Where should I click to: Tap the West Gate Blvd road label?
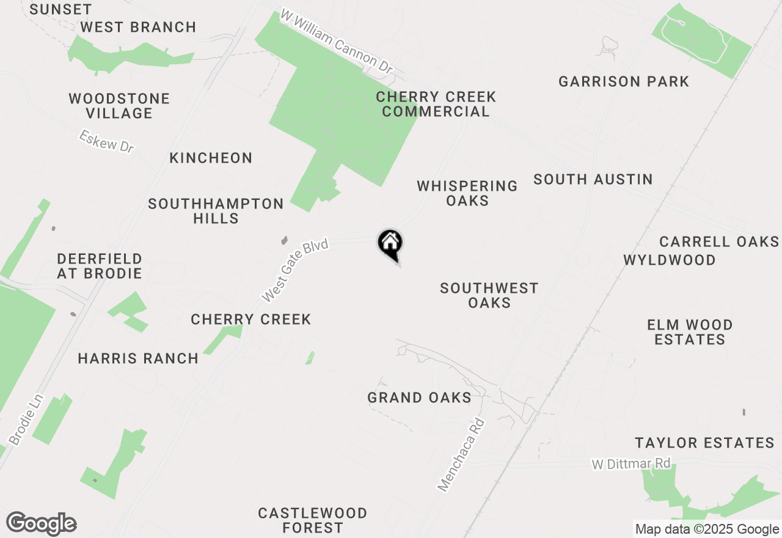click(x=296, y=271)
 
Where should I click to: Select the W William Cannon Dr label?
click(x=336, y=42)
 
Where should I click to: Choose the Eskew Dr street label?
click(x=106, y=142)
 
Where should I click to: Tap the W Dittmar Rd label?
click(x=631, y=464)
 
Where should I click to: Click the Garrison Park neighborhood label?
click(x=624, y=82)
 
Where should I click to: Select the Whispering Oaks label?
click(x=467, y=193)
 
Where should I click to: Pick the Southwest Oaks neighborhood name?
click(x=489, y=295)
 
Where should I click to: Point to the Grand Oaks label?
click(x=419, y=398)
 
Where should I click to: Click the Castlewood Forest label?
click(x=313, y=520)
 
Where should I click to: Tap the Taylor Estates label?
click(x=704, y=443)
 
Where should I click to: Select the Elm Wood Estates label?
click(x=690, y=332)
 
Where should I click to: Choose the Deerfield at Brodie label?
click(x=100, y=266)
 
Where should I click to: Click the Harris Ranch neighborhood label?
click(x=138, y=359)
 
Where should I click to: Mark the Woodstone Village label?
click(x=119, y=106)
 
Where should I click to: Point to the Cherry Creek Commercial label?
click(x=436, y=104)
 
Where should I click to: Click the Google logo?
click(x=42, y=524)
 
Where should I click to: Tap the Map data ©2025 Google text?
click(x=707, y=529)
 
